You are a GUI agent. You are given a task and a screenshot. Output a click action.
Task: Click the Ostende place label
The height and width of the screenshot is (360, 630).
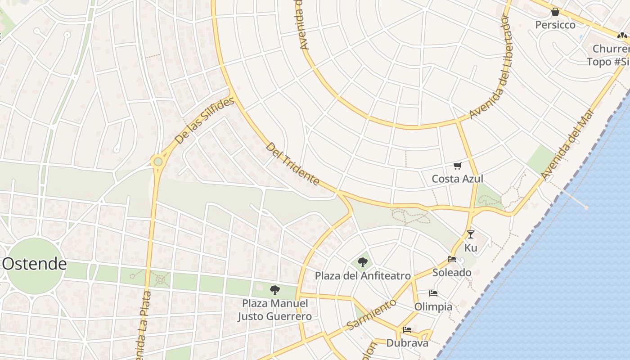pos(35,264)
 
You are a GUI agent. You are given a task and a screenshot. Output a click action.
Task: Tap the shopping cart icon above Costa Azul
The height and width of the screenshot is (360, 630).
pos(458,166)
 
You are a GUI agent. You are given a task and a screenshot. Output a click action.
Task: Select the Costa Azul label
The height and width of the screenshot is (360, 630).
pos(457,179)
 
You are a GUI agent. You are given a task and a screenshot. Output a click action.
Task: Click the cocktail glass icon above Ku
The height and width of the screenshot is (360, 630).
pos(471,234)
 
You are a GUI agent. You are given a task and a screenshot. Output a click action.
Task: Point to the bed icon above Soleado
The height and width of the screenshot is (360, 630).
pos(452,259)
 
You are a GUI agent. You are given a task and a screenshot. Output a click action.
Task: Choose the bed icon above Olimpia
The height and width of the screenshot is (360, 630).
pos(433,293)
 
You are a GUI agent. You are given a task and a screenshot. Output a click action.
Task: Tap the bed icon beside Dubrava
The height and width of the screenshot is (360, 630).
pos(407,330)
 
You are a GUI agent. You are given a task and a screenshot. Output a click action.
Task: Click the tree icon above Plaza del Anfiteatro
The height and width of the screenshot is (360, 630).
pos(362,262)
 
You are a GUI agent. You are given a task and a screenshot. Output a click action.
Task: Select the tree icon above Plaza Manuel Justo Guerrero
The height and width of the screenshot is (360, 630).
pos(274,290)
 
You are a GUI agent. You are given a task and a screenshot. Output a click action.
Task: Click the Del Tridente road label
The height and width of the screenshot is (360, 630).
pos(292,164)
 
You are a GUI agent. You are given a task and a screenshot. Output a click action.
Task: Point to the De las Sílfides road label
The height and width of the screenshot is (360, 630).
pos(205,121)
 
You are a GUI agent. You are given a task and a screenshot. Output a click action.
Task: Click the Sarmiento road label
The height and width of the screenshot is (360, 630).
pos(372,313)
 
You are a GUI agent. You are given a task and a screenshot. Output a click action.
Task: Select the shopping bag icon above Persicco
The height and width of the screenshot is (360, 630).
pos(555,12)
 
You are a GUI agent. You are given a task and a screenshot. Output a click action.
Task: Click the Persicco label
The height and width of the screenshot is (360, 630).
pos(555,25)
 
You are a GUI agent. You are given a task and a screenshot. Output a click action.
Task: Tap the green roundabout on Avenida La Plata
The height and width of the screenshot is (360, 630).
pos(157,162)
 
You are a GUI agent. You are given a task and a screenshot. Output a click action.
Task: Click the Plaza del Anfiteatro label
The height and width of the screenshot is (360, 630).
pos(363,275)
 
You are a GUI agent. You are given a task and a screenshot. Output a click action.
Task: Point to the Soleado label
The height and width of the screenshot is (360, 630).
pos(452,272)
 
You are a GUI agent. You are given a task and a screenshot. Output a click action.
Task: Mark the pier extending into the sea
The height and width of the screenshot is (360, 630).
pos(574,198)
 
